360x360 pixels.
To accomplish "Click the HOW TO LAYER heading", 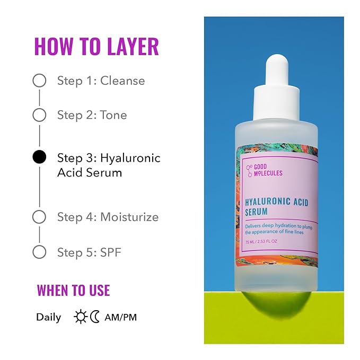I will [x=96, y=47].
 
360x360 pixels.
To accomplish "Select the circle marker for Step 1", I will [x=39, y=81].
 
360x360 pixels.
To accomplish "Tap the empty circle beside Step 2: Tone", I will [x=39, y=115].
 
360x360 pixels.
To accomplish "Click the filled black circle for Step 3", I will [x=39, y=157].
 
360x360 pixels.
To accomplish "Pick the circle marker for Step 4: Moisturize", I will [x=39, y=217].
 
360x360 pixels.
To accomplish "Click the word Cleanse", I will [x=122, y=81].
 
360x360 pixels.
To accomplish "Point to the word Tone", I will [x=113, y=115].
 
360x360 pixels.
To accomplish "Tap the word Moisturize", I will [x=129, y=217].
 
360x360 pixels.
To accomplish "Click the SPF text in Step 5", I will [x=110, y=252].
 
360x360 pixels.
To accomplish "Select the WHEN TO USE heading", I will [x=73, y=290].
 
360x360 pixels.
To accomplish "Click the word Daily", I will [x=48, y=318].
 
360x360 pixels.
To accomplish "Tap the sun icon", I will [x=81, y=317].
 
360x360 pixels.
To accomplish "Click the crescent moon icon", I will [x=95, y=317].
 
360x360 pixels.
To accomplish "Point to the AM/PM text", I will [x=121, y=318].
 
